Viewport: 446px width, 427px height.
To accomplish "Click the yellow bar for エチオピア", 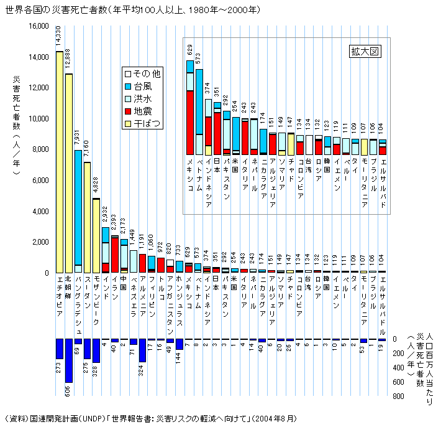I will [x=60, y=162].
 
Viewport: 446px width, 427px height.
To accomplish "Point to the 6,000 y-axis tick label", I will [x=39, y=181].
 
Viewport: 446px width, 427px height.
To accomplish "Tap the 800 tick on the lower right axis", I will [x=399, y=396].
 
